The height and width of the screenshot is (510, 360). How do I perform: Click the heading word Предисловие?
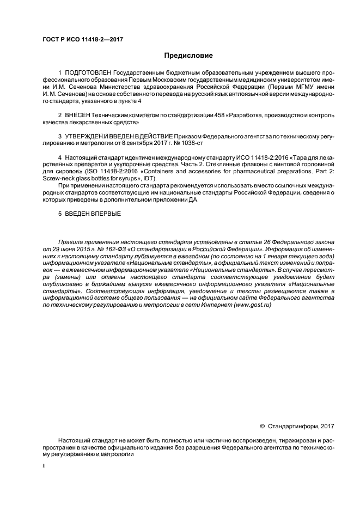(x=188, y=55)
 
